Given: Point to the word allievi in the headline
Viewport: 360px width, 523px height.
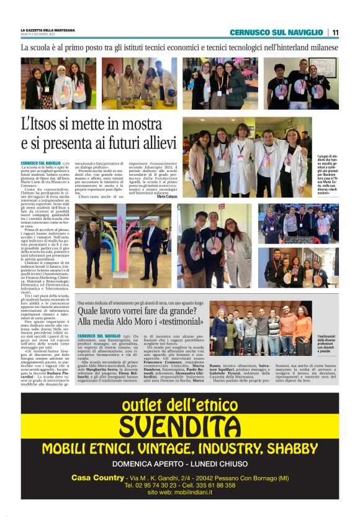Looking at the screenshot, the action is pos(152,144).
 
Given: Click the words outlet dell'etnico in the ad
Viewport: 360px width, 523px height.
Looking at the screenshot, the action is pos(180,406).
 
